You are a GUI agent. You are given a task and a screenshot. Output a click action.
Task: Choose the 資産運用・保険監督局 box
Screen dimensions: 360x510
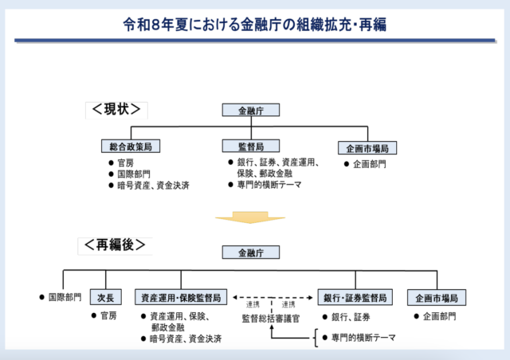[x=182, y=297]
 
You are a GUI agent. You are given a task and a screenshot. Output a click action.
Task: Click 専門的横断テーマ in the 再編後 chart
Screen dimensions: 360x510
[x=363, y=338]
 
